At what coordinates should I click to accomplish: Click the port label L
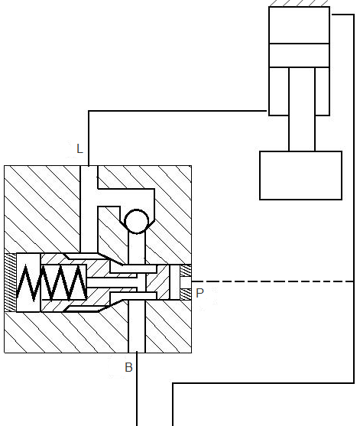tap(79, 149)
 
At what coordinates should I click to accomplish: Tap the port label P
tap(199, 293)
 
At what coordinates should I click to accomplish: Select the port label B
tap(128, 367)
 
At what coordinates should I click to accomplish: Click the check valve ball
tap(136, 221)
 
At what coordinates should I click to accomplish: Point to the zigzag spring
tap(51, 282)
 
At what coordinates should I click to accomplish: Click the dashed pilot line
tap(273, 281)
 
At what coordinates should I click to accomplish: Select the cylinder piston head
tap(299, 55)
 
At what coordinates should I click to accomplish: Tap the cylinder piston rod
tap(302, 109)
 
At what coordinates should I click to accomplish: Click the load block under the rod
tap(300, 175)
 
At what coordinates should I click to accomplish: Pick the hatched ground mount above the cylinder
tap(299, 3)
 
